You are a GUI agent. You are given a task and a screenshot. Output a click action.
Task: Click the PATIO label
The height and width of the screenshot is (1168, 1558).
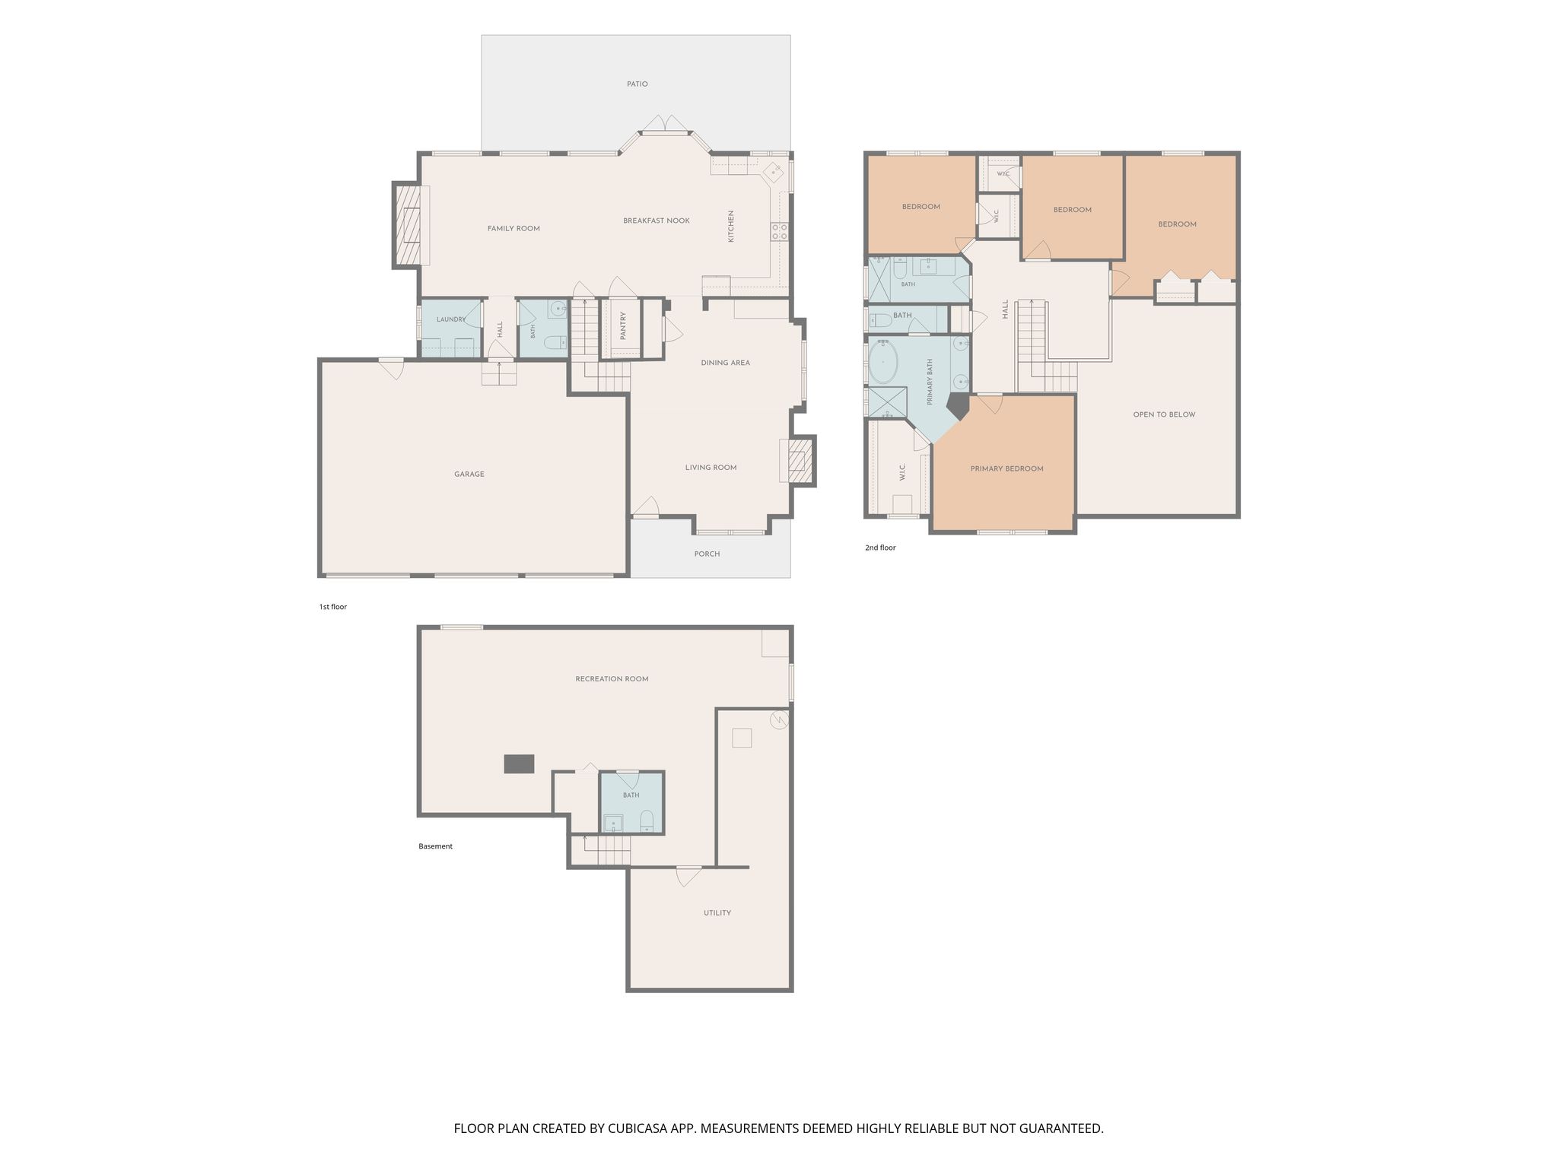coord(638,84)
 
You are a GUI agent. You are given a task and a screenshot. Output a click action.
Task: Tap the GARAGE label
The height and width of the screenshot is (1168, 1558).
coord(469,474)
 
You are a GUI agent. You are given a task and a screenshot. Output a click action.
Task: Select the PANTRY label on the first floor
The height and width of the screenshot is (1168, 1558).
coord(623,325)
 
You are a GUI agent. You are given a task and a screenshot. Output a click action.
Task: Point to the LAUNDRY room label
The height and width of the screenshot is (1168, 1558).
coord(451,319)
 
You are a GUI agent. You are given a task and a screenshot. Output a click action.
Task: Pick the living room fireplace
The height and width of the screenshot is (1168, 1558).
coord(797,461)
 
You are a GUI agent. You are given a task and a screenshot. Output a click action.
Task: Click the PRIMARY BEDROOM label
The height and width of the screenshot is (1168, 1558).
coord(1006,469)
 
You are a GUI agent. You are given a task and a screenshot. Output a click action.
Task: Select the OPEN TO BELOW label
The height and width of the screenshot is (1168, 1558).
coord(1164,415)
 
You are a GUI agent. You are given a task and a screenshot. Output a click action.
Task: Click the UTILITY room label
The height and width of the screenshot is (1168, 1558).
coord(717,913)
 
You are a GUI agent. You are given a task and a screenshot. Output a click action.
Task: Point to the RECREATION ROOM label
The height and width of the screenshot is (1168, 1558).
coord(612,679)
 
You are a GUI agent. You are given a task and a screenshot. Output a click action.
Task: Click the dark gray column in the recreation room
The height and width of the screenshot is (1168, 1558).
coord(519,763)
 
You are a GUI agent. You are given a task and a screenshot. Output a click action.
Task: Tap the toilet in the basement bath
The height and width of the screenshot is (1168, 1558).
coord(647,820)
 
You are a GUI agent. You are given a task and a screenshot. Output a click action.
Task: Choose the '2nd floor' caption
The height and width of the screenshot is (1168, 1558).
coord(880,547)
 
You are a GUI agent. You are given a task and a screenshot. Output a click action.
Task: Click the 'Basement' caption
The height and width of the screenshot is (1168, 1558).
coord(435,846)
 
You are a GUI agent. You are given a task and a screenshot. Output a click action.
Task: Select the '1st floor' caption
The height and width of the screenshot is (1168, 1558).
coord(332,607)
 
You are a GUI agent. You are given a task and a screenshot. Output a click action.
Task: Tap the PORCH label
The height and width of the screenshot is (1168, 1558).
coord(707,554)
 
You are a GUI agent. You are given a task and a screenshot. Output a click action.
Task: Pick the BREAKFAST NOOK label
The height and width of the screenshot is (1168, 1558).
coord(657,221)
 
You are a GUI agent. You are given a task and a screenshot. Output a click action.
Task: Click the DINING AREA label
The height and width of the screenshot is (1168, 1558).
coord(725,363)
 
